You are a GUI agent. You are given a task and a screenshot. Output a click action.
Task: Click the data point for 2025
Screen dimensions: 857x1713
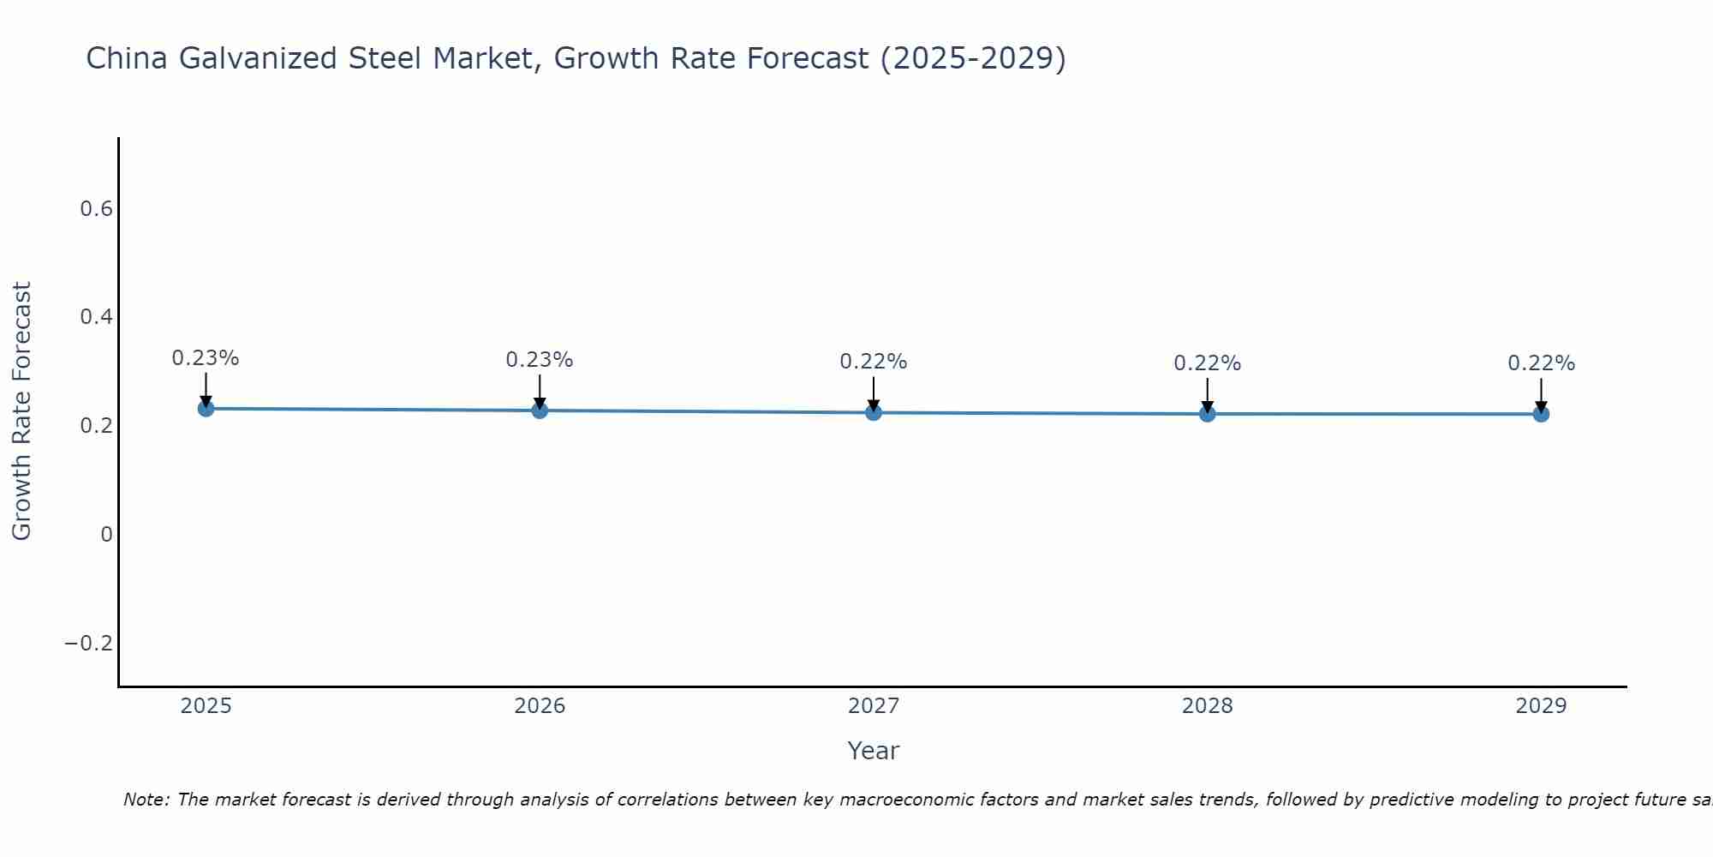(x=206, y=409)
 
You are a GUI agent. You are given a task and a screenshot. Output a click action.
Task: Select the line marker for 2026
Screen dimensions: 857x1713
(x=540, y=411)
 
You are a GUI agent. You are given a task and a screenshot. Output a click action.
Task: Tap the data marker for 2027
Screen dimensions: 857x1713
(x=874, y=413)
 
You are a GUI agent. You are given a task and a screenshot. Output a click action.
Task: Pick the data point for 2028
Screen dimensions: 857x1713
(x=1208, y=414)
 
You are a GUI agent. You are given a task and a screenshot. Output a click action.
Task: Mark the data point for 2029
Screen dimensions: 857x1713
(x=1541, y=414)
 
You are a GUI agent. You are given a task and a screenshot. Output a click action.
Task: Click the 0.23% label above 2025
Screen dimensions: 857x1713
(x=206, y=358)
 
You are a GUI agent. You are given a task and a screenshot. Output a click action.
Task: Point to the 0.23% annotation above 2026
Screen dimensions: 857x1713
(x=540, y=360)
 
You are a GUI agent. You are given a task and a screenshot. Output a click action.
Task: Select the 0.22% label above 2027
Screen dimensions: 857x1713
(x=874, y=362)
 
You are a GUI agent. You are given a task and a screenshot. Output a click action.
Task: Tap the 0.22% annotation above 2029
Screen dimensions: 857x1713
(x=1541, y=363)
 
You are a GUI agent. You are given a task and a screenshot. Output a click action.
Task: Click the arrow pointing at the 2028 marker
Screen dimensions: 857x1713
(x=1208, y=394)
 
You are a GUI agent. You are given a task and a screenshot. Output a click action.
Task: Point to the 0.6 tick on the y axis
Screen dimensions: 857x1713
(x=96, y=209)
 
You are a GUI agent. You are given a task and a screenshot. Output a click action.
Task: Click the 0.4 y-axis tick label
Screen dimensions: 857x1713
(x=96, y=317)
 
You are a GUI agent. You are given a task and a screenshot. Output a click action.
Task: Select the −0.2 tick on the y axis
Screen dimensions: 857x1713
(x=89, y=643)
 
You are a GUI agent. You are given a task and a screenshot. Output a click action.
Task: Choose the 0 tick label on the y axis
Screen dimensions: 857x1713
(x=106, y=535)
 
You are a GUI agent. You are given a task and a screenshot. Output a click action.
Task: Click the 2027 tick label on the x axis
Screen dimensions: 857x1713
(x=874, y=706)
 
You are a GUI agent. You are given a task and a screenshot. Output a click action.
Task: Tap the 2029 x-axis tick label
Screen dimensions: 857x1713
(x=1541, y=706)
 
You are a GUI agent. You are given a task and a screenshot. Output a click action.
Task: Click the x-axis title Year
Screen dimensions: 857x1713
(x=874, y=751)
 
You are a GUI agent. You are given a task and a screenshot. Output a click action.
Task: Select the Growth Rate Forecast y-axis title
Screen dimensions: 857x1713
(x=21, y=411)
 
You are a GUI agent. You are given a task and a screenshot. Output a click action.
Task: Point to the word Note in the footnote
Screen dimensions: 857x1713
(x=146, y=800)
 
